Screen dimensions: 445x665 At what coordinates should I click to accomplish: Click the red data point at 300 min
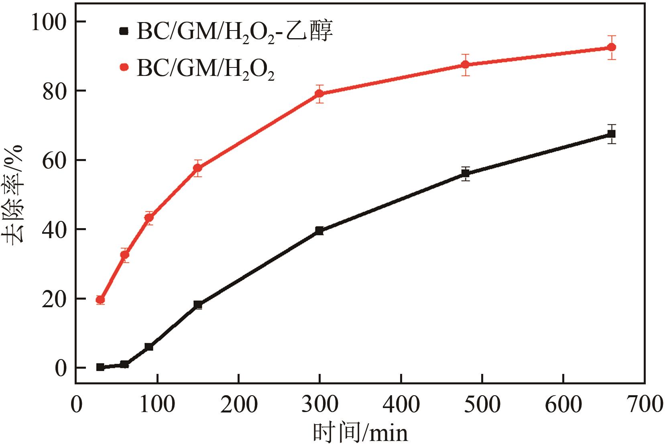(x=319, y=94)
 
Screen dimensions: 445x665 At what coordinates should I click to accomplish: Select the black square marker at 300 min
(x=319, y=231)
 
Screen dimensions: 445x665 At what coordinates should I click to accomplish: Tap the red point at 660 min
(x=612, y=47)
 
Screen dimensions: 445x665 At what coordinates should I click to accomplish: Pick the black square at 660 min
(x=612, y=134)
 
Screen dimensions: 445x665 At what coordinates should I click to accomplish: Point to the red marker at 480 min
(x=466, y=65)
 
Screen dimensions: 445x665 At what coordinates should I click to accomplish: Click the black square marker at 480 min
(x=466, y=174)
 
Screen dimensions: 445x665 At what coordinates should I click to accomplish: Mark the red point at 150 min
(x=197, y=168)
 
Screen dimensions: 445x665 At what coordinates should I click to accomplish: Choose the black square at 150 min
(x=198, y=304)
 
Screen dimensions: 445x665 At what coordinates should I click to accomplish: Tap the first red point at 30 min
(x=100, y=300)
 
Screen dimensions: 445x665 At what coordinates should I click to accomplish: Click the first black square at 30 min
(x=100, y=367)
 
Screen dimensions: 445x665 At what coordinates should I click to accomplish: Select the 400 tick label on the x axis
(x=401, y=405)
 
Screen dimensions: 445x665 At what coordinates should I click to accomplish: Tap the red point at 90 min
(x=149, y=218)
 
